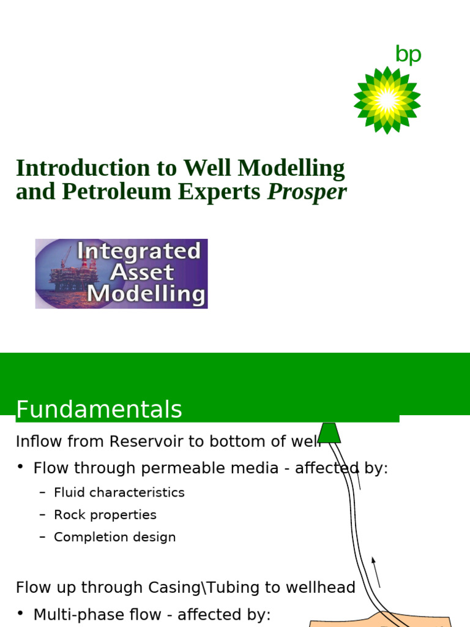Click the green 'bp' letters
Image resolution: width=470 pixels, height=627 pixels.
(x=408, y=54)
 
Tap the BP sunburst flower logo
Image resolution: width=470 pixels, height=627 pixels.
(x=387, y=100)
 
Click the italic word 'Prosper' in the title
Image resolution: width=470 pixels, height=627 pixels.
(x=307, y=192)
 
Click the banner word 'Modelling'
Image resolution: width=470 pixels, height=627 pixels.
(x=146, y=295)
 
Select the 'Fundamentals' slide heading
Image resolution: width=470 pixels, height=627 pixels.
(x=99, y=410)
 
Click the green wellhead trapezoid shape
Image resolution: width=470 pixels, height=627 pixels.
(x=329, y=432)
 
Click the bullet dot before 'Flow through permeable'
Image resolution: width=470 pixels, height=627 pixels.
(x=20, y=468)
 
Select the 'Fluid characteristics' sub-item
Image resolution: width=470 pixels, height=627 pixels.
(x=119, y=492)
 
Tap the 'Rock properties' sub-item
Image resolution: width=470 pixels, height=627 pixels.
(x=105, y=515)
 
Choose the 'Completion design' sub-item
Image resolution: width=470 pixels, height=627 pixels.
(x=114, y=537)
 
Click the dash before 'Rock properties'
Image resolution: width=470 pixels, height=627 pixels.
(x=42, y=515)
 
